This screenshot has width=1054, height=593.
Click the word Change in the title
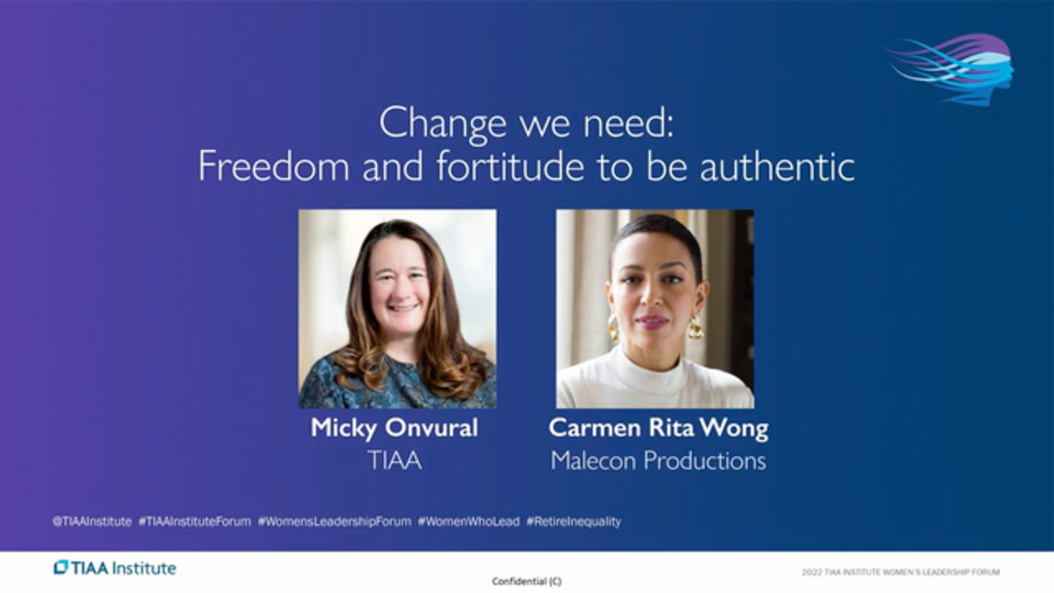click(x=442, y=124)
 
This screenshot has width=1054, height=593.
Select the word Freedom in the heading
click(x=274, y=166)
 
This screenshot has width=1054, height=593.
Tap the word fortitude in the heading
click(x=511, y=166)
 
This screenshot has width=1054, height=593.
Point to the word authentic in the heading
click(x=777, y=166)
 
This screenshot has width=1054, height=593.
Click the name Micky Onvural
click(x=394, y=428)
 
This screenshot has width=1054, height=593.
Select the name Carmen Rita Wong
click(x=659, y=428)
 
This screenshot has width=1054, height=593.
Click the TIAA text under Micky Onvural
click(x=394, y=460)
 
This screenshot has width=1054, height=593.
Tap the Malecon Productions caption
click(x=658, y=460)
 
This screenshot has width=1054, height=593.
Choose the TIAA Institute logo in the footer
click(x=114, y=568)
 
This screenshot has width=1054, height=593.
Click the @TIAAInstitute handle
click(x=92, y=521)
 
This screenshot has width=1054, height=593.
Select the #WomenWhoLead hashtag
click(x=469, y=521)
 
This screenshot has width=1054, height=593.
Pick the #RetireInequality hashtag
click(x=574, y=521)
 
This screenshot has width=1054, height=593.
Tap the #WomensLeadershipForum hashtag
click(x=334, y=521)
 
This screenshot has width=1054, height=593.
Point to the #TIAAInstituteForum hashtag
click(x=195, y=521)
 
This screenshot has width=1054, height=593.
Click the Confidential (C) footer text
click(x=527, y=581)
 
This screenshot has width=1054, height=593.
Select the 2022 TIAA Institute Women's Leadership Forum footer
click(x=901, y=572)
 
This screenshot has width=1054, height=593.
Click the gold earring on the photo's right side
click(x=695, y=327)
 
